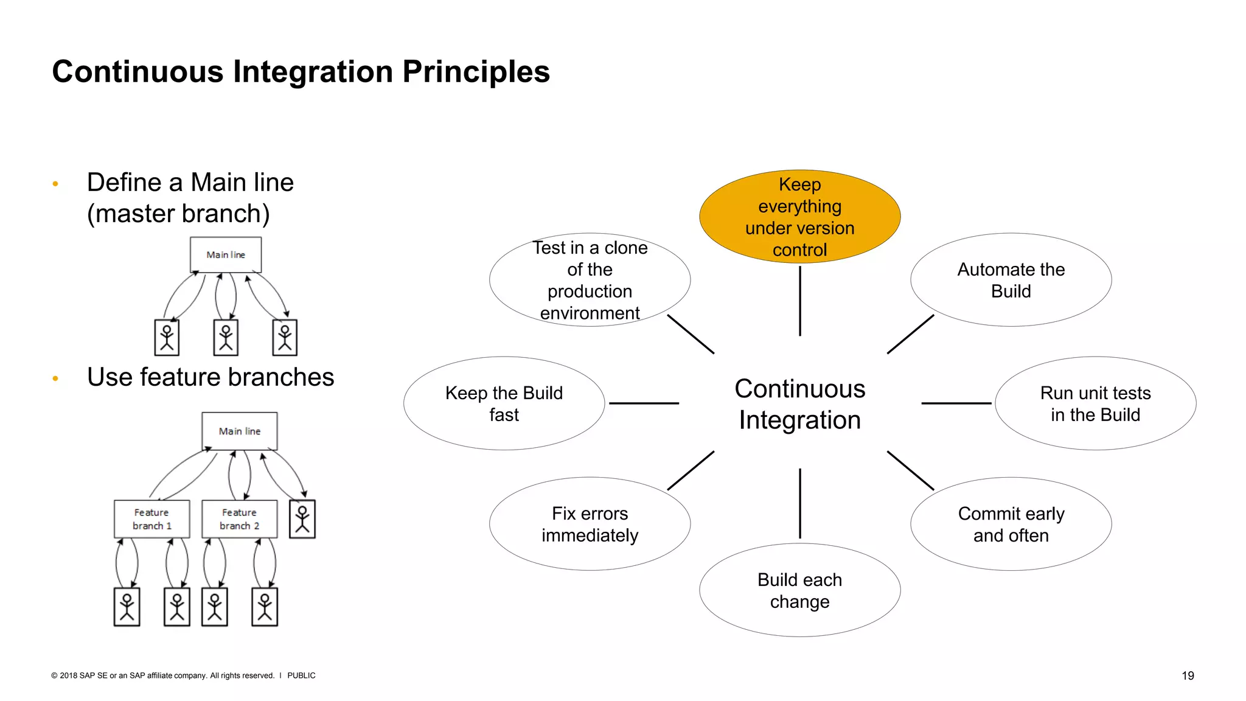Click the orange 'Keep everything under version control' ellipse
point(799,217)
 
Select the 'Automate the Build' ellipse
point(1011,280)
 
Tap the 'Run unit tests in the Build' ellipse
point(1095,403)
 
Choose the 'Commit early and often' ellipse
point(1011,524)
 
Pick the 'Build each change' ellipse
point(799,590)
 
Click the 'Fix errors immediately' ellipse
point(590,524)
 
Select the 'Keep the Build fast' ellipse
point(504,403)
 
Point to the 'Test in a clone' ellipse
point(590,280)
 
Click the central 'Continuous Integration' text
point(799,404)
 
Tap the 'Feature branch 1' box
point(151,519)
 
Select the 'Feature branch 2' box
point(239,519)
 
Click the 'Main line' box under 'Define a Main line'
point(226,254)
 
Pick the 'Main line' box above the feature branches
point(240,431)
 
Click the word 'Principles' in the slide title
point(476,72)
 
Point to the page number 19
point(1188,675)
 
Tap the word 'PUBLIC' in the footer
point(301,675)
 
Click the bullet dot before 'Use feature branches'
point(55,378)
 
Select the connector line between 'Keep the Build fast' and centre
point(644,403)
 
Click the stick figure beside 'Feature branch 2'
point(302,519)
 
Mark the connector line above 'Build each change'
point(799,503)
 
